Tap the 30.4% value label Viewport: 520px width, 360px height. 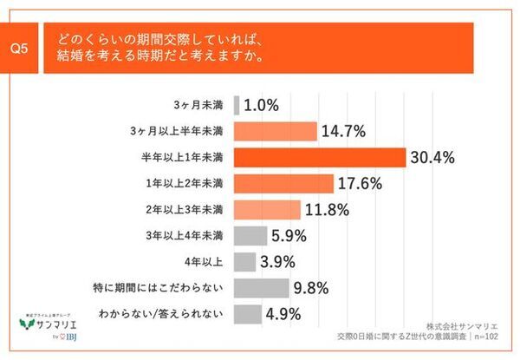[x=435, y=157]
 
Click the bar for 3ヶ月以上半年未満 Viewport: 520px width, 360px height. [x=275, y=131]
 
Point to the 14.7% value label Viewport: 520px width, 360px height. [x=344, y=131]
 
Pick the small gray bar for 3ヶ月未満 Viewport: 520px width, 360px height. [x=236, y=105]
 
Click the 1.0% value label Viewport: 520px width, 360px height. [x=261, y=105]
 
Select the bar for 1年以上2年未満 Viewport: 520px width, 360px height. [x=283, y=183]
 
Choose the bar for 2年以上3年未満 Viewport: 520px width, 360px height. [x=267, y=209]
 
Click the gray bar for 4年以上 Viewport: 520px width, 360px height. [x=244, y=261]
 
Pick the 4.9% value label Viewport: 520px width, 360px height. [x=284, y=314]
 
